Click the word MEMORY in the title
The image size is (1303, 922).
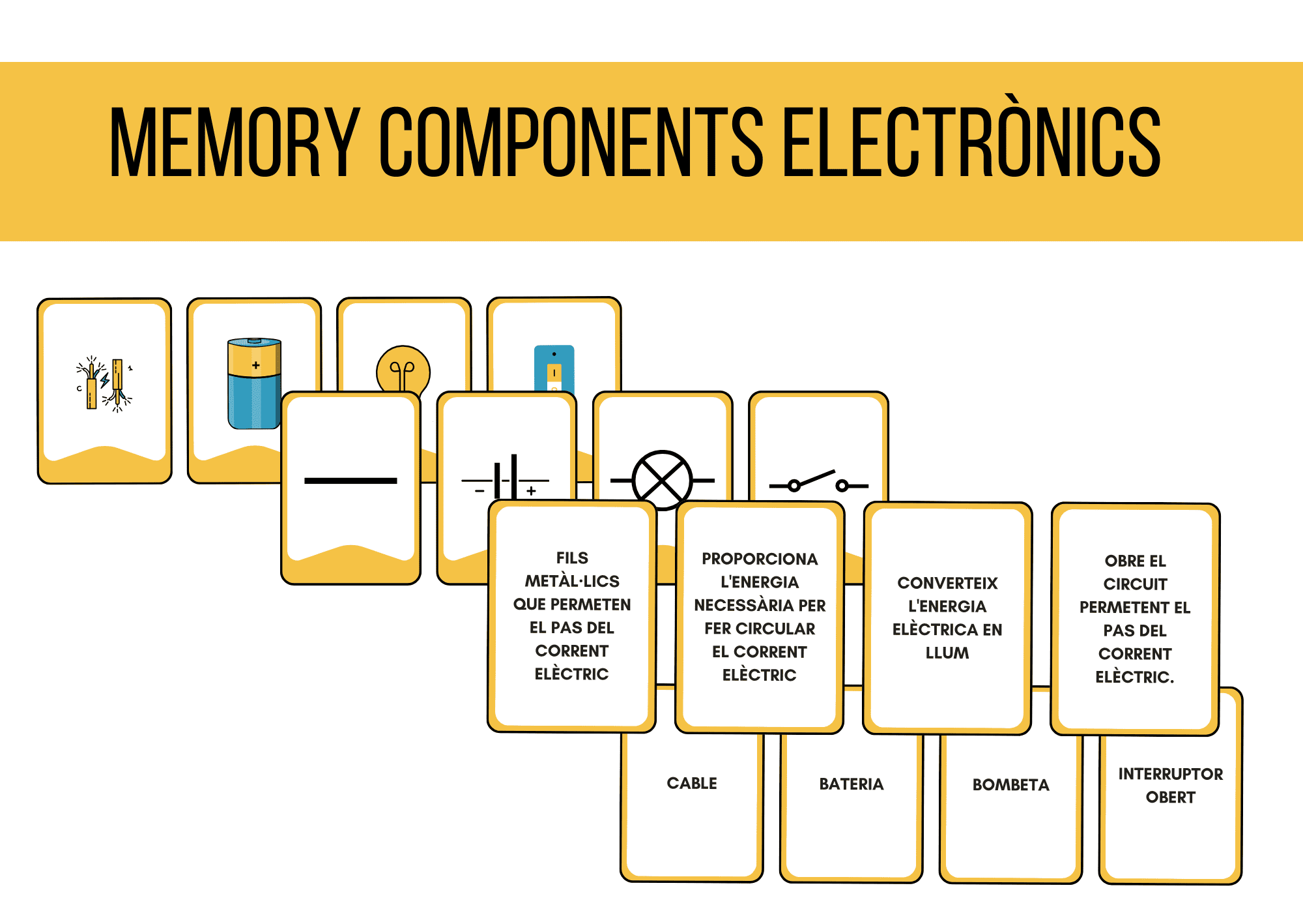(x=235, y=142)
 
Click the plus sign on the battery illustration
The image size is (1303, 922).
(x=256, y=365)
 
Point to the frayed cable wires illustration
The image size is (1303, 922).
(x=104, y=385)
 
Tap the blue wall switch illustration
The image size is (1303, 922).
(x=554, y=368)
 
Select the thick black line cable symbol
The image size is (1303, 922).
(x=351, y=481)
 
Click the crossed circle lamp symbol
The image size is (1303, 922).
(x=662, y=480)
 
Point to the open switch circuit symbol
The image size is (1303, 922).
(x=818, y=483)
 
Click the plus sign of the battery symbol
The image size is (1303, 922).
(x=532, y=491)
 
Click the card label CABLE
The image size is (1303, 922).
(x=691, y=783)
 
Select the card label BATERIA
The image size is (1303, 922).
(x=851, y=784)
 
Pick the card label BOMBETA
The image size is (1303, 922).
(x=1010, y=784)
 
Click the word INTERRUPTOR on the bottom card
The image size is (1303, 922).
(x=1170, y=774)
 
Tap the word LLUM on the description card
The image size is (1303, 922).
(x=947, y=653)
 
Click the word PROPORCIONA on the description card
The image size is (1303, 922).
(x=760, y=559)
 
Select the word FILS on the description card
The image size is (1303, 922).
(x=572, y=558)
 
